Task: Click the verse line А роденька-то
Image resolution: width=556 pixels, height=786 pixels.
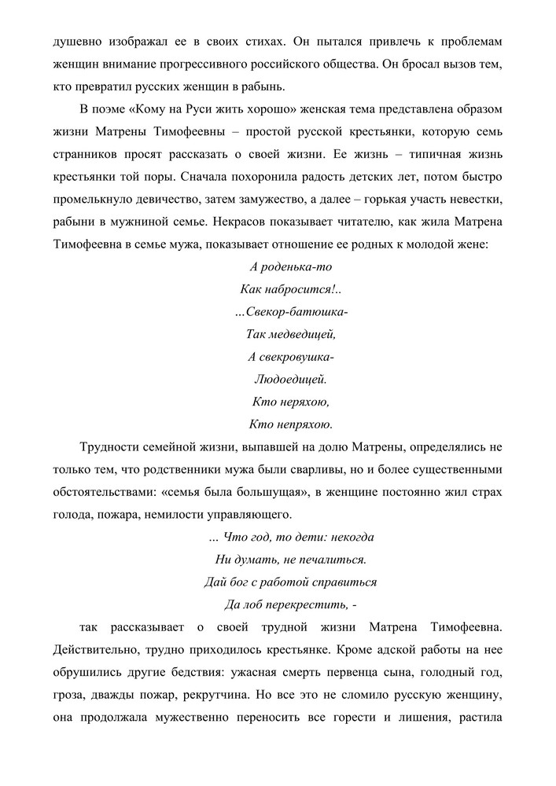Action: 290,266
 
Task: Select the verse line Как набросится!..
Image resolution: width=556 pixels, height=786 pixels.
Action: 290,289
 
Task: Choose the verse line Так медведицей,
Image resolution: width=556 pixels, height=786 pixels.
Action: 290,335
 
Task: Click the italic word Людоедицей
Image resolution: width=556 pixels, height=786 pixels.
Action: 290,380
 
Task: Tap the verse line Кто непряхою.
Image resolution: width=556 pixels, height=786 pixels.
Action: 290,426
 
